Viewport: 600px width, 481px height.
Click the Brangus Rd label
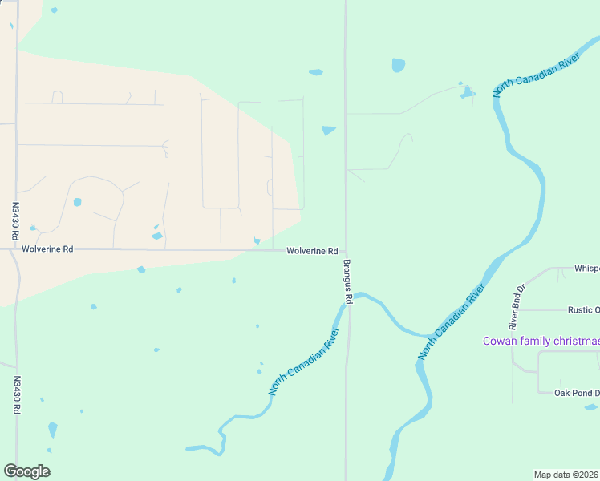coord(348,281)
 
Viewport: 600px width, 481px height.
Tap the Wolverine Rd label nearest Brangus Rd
coord(312,251)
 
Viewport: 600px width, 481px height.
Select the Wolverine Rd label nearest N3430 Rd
coord(47,249)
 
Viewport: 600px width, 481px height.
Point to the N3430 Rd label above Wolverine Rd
coord(14,221)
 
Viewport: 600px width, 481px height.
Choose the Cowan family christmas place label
coord(541,342)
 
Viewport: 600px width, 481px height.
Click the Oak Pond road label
coord(577,393)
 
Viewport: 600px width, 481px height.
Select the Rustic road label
coord(583,310)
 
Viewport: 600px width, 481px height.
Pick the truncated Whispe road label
coord(586,269)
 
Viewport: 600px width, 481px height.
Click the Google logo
coord(26,471)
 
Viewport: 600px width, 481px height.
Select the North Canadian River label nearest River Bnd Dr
coord(452,321)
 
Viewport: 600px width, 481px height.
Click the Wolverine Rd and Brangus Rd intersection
coord(346,250)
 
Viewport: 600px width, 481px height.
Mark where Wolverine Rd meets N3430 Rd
coord(15,249)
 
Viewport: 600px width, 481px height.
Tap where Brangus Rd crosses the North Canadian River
coord(347,301)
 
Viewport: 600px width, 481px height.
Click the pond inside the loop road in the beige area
coord(77,202)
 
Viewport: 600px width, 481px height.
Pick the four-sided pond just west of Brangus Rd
coord(329,131)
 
